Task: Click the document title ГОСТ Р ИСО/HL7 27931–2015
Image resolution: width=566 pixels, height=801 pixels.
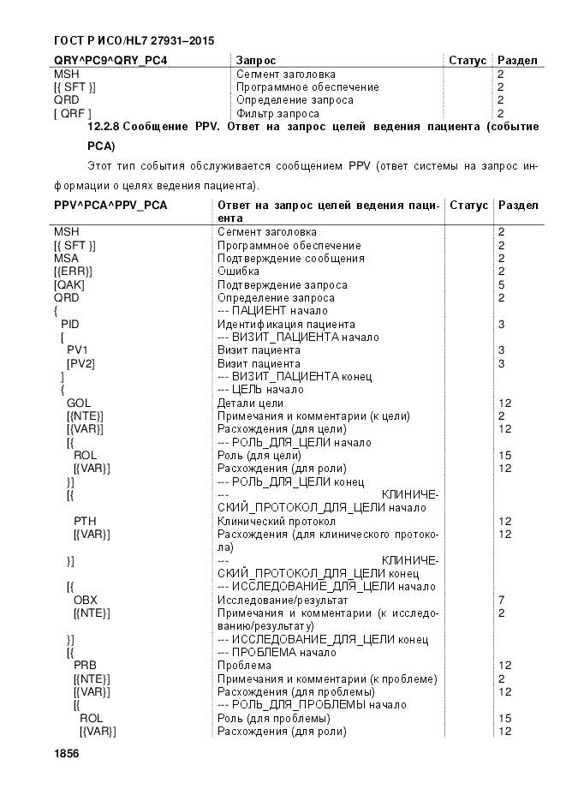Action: pos(133,39)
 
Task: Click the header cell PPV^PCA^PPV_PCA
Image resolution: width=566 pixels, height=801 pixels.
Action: pos(110,206)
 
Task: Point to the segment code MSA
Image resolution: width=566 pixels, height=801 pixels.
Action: pos(66,258)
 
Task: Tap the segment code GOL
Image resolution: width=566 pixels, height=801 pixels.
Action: pos(78,403)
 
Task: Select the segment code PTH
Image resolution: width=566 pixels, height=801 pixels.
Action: pos(85,521)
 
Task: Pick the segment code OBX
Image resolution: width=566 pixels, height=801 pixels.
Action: pos(85,600)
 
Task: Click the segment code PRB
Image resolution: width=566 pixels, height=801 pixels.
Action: pos(85,665)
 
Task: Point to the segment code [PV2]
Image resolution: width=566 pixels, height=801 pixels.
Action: pos(80,363)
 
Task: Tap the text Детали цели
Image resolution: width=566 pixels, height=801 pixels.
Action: pos(251,403)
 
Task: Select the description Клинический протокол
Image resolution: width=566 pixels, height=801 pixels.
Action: pos(277,521)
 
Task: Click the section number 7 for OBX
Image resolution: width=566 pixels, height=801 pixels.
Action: pos(501,600)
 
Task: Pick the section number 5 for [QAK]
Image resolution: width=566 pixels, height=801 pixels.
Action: pos(501,284)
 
